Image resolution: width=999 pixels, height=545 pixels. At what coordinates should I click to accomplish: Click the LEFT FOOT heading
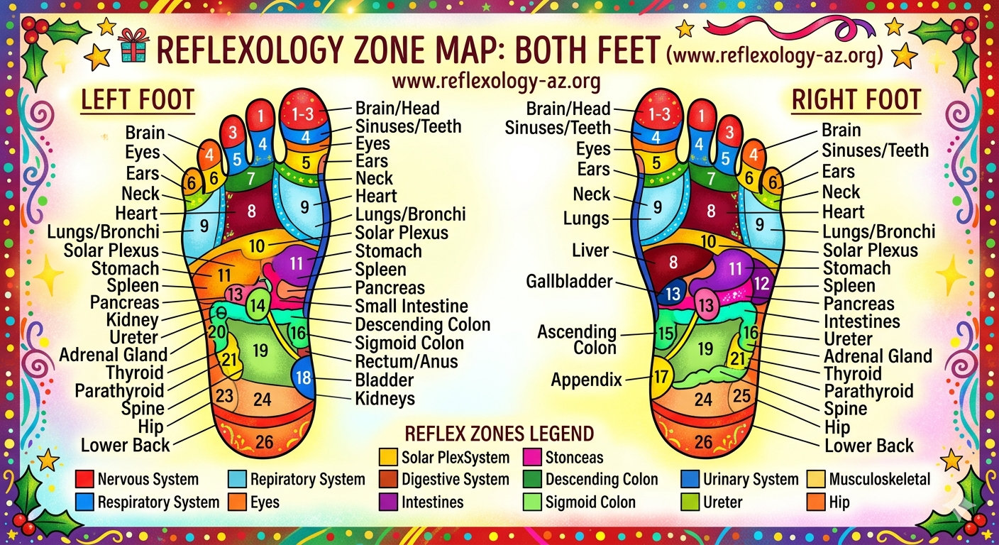click(x=137, y=100)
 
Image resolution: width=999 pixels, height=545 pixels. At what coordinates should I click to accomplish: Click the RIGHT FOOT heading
click(x=856, y=100)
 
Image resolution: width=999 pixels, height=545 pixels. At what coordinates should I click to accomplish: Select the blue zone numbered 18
click(x=304, y=377)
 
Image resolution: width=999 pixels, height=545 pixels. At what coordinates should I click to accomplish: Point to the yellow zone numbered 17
click(x=661, y=377)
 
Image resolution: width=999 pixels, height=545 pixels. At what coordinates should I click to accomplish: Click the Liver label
click(x=590, y=251)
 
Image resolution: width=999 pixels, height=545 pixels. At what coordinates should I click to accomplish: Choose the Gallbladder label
click(x=569, y=282)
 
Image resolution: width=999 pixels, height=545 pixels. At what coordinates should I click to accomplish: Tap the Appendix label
click(x=586, y=380)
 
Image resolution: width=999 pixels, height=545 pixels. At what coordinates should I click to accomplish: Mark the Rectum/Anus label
click(x=407, y=361)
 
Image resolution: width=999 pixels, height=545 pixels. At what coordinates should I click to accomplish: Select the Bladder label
click(x=385, y=380)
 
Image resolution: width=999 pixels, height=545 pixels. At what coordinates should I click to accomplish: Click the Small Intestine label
click(x=412, y=306)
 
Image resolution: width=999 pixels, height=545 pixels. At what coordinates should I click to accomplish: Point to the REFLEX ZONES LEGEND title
click(x=499, y=434)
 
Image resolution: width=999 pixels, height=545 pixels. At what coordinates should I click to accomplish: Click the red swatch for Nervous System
click(x=84, y=480)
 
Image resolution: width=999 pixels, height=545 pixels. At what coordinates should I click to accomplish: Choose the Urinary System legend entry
click(x=750, y=480)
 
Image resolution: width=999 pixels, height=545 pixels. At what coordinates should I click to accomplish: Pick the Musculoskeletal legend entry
click(x=879, y=480)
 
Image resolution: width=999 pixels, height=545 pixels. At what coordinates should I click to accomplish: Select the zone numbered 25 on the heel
click(x=741, y=396)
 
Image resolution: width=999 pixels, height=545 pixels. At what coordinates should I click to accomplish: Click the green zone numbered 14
click(x=259, y=306)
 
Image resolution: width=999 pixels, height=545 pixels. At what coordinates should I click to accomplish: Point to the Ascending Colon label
click(x=576, y=339)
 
